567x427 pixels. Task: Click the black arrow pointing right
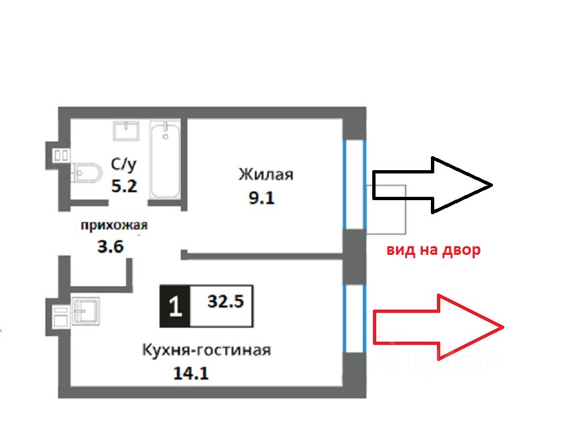click(432, 185)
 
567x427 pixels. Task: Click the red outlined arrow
click(438, 327)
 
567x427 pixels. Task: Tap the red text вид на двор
click(434, 250)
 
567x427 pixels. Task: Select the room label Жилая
click(265, 174)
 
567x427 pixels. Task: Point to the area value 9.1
click(261, 197)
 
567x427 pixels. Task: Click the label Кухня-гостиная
click(207, 350)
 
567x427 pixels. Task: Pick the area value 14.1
click(191, 373)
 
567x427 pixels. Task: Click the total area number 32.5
click(225, 301)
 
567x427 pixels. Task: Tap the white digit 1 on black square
click(175, 306)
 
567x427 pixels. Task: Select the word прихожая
click(114, 226)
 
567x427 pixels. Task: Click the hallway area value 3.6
click(110, 247)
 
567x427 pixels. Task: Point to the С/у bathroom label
click(123, 165)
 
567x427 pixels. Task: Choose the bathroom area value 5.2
click(124, 186)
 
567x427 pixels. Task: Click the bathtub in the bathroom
click(165, 160)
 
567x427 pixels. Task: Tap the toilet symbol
click(85, 173)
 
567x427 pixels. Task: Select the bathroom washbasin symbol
click(126, 131)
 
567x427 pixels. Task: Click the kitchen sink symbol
click(85, 311)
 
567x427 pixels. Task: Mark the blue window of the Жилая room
click(354, 184)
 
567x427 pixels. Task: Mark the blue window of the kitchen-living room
click(354, 318)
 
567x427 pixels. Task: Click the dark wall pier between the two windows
click(354, 257)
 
